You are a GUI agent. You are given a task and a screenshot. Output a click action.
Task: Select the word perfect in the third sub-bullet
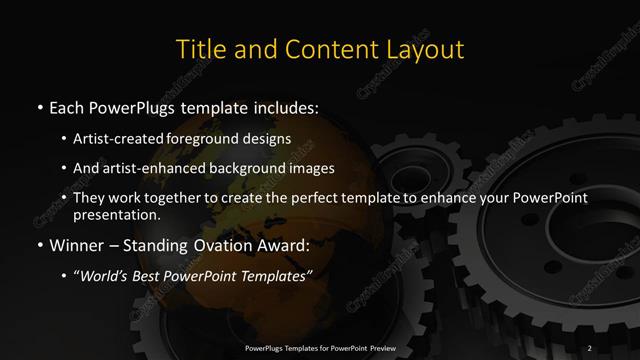[346, 199]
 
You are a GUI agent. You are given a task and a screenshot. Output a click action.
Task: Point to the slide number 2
[591, 347]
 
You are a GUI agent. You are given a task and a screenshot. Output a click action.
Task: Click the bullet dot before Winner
[39, 244]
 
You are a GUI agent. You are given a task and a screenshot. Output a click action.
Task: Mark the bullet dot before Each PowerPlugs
[39, 107]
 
